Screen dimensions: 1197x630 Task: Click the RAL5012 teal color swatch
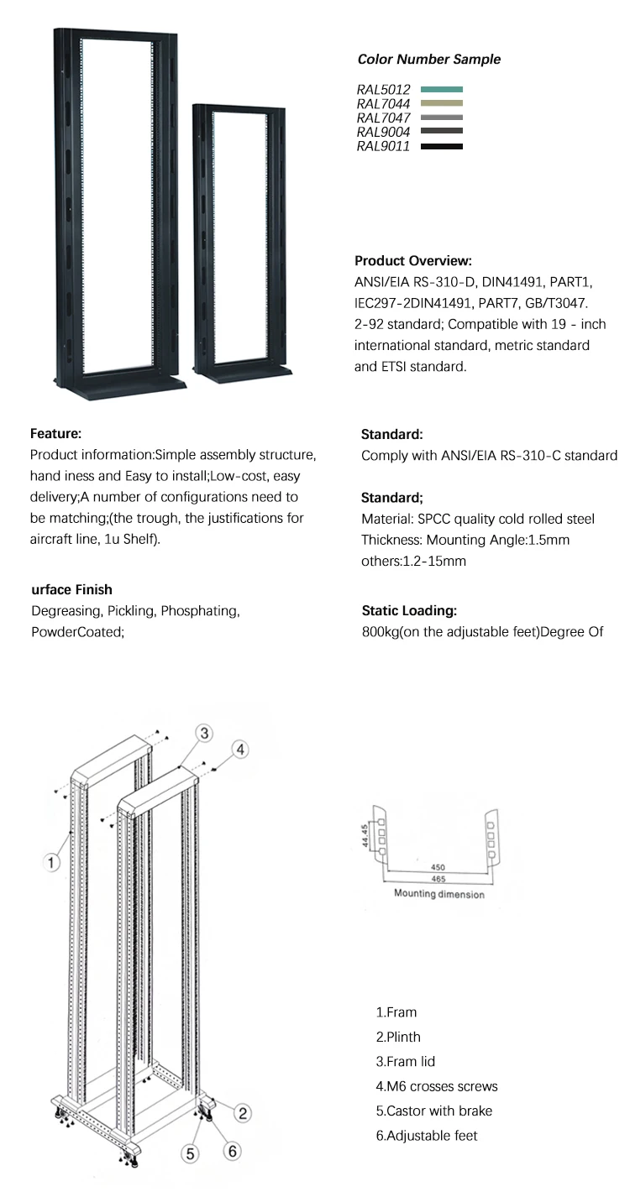coord(441,89)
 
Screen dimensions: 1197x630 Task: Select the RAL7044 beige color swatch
coord(441,103)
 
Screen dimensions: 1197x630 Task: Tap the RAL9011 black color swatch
coord(441,147)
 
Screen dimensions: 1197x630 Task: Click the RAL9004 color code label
coord(383,132)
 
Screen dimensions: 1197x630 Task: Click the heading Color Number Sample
coord(428,60)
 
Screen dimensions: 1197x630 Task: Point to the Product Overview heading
coord(412,261)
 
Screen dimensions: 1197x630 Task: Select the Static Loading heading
coord(408,611)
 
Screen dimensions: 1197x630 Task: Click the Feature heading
coord(55,434)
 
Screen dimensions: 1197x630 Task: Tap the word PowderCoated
coord(77,632)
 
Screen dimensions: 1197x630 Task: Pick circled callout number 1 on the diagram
coord(52,861)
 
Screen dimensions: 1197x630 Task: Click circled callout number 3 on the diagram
coord(204,733)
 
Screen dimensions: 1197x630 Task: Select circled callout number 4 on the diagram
coord(239,750)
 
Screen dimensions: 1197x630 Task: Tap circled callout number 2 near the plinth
coord(242,1113)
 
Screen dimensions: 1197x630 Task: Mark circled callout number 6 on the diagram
coord(233,1152)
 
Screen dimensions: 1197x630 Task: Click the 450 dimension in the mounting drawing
coord(438,867)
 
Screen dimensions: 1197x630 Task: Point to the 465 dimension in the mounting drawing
coord(438,880)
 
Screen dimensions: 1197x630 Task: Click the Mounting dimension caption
coord(439,895)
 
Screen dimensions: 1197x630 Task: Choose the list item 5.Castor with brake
coord(433,1111)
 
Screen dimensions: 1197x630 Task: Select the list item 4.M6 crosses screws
coord(436,1087)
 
